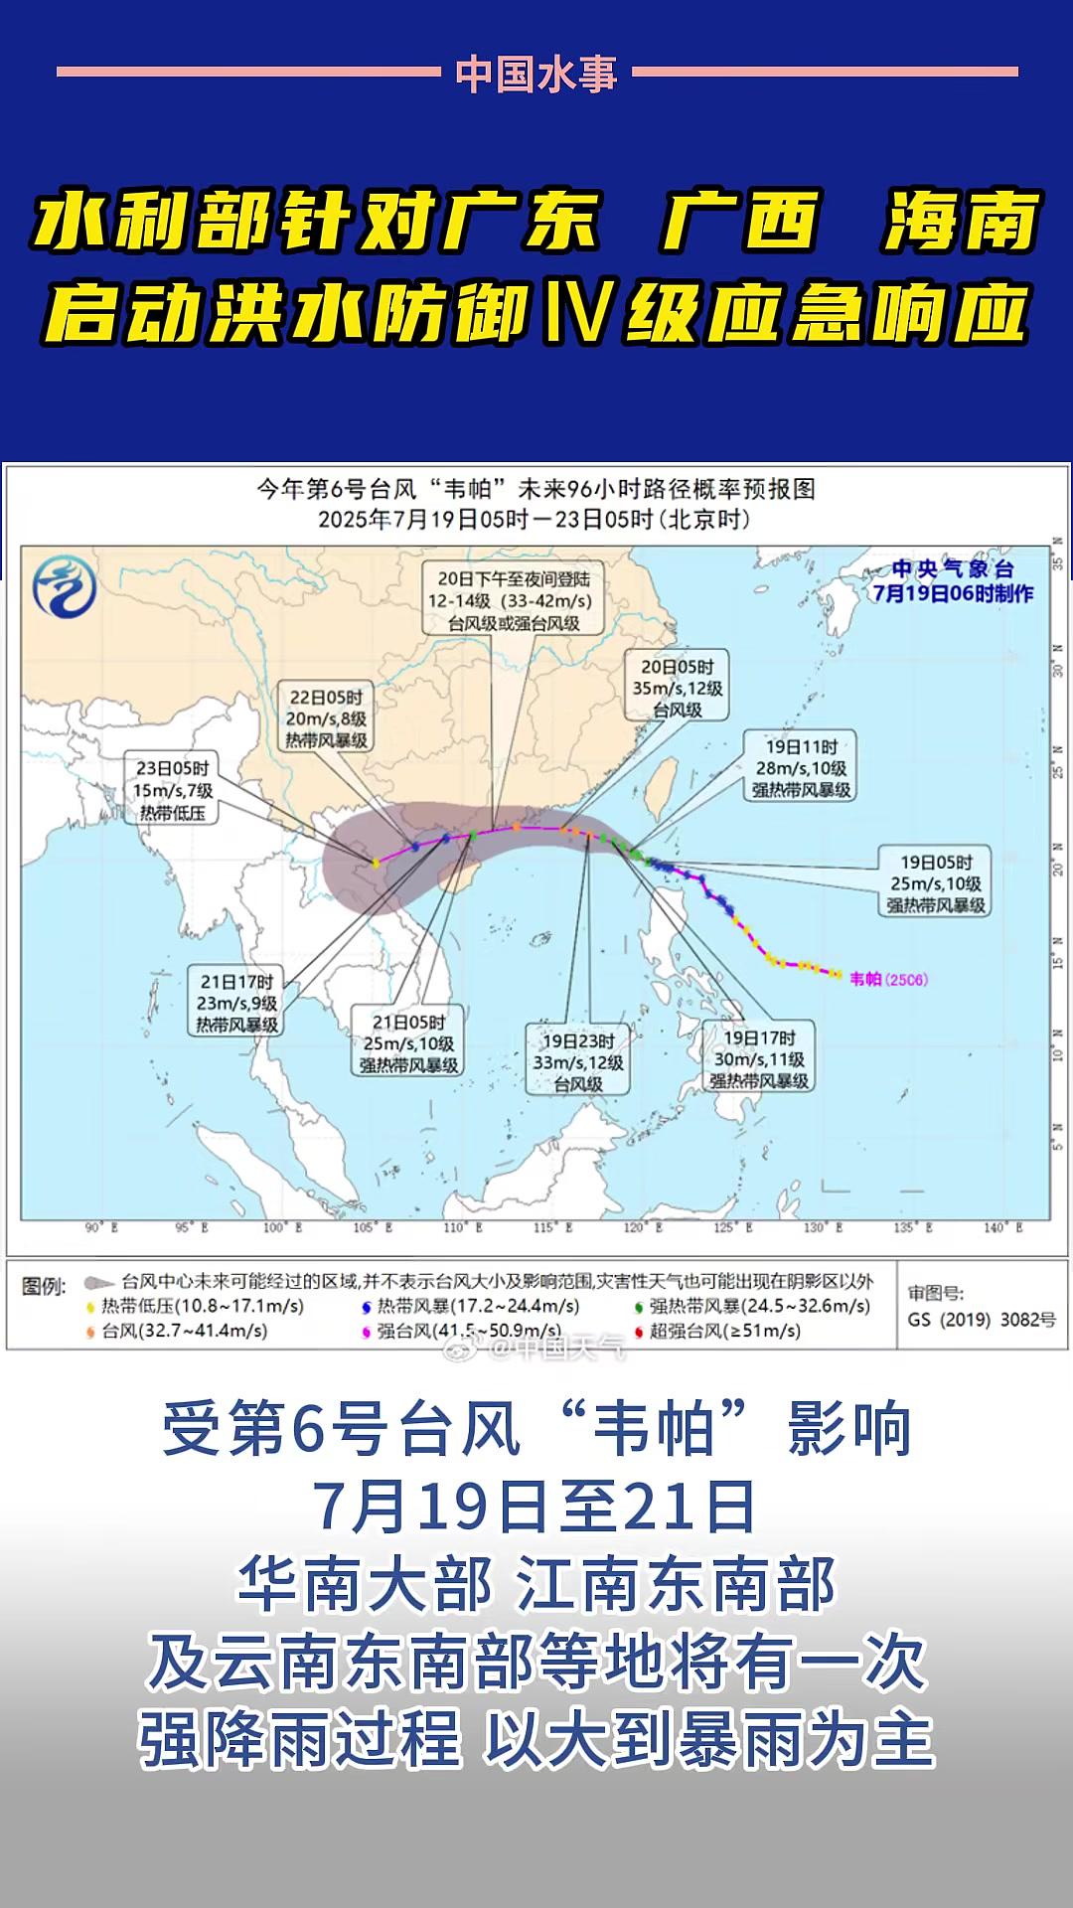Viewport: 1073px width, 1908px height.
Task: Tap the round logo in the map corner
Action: point(65,586)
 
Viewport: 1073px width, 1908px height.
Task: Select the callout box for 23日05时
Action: point(173,790)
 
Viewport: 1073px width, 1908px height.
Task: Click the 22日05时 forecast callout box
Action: point(326,718)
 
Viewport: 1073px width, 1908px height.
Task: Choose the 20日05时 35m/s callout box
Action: point(678,688)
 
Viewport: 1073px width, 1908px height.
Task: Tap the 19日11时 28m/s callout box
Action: point(801,767)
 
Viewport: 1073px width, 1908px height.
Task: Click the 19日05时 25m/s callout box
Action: point(936,883)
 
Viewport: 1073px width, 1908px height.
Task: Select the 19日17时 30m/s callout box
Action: point(759,1059)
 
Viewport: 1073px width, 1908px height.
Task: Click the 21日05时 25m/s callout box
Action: point(408,1043)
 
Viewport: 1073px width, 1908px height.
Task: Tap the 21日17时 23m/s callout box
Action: point(236,1003)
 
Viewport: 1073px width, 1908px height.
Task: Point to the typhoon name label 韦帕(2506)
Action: point(888,979)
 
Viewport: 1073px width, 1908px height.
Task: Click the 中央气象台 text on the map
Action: point(952,569)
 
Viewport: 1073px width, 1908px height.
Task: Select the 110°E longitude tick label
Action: point(463,1228)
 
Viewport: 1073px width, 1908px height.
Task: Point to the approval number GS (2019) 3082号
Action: point(982,1320)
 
